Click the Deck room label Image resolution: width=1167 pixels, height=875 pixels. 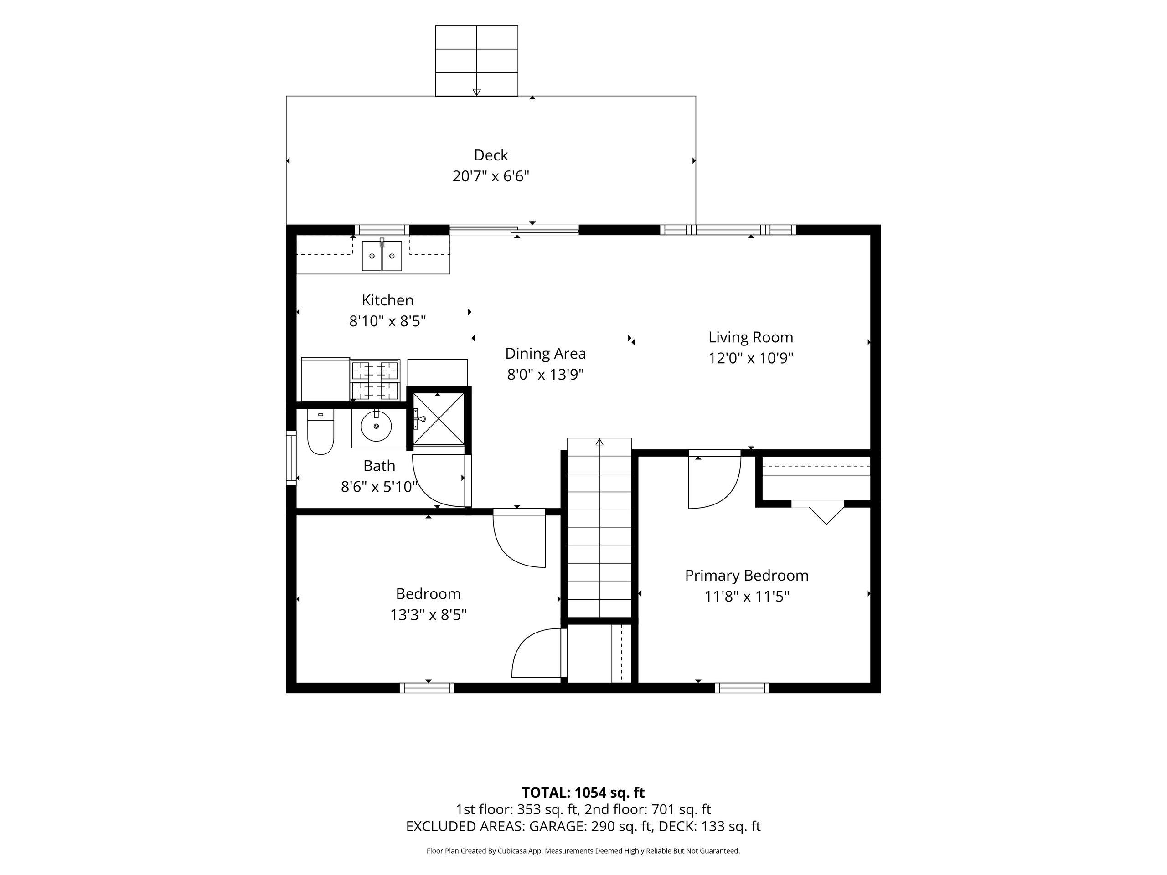tap(491, 155)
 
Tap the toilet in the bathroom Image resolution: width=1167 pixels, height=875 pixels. tap(321, 432)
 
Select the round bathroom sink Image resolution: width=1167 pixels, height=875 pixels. tap(376, 426)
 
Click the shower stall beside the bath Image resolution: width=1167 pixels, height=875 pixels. tap(439, 420)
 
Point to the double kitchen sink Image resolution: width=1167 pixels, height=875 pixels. tap(382, 255)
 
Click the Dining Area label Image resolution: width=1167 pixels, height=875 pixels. tap(546, 353)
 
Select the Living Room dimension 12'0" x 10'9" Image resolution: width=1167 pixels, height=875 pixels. tap(751, 358)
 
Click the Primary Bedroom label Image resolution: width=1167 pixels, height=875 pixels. tap(747, 576)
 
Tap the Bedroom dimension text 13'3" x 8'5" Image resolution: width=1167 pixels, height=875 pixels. tap(429, 615)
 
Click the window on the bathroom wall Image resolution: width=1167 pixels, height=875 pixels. tap(291, 458)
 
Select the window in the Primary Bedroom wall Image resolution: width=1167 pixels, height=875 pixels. tap(742, 688)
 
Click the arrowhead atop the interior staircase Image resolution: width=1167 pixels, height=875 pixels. tap(599, 442)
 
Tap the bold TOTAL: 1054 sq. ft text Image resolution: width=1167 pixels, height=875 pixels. tap(583, 793)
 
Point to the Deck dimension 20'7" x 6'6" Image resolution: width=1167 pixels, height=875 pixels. tap(491, 176)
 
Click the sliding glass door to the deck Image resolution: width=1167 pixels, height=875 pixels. tap(514, 229)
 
